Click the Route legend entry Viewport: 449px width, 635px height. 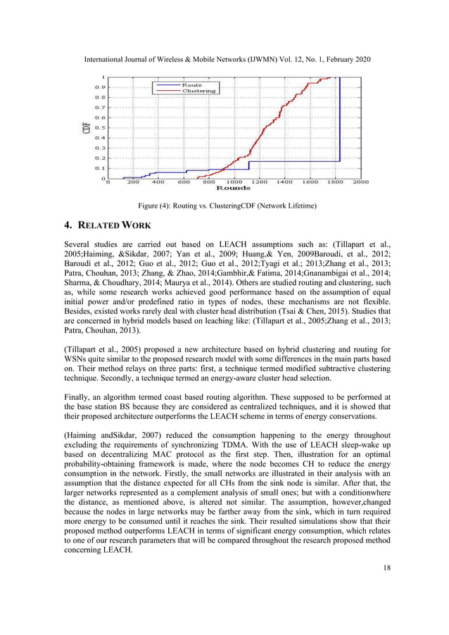(x=191, y=85)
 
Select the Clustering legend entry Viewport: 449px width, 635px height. (x=198, y=91)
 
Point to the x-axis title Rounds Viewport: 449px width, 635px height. (x=233, y=188)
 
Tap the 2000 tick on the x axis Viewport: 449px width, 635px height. (x=360, y=182)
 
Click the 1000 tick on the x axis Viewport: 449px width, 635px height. (x=234, y=182)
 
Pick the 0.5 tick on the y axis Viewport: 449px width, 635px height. (x=100, y=128)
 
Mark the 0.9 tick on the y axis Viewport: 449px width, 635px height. (x=100, y=87)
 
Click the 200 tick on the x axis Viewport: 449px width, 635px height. (x=133, y=182)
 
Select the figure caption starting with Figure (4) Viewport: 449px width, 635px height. (x=224, y=206)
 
